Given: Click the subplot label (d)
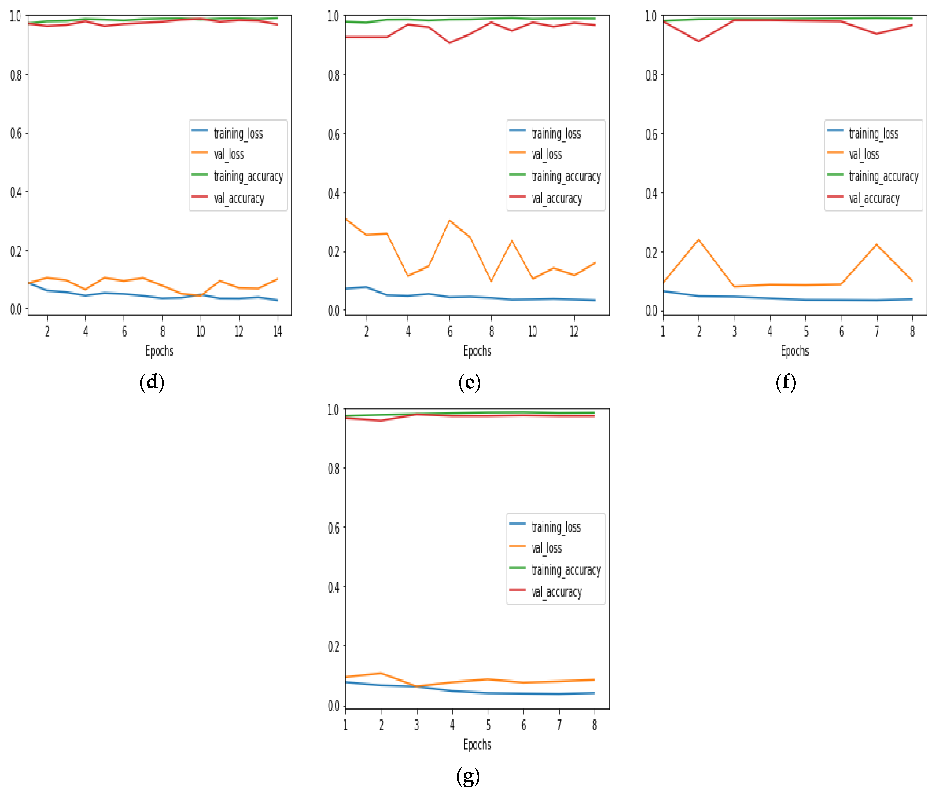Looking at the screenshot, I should pyautogui.click(x=152, y=382).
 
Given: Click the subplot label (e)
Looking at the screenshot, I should pyautogui.click(x=469, y=382).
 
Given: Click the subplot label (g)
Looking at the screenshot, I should pyautogui.click(x=468, y=776).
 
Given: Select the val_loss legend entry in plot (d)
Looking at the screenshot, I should pyautogui.click(x=228, y=154).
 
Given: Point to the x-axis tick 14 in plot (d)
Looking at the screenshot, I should pyautogui.click(x=277, y=332).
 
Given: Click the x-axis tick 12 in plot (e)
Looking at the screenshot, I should pyautogui.click(x=574, y=332).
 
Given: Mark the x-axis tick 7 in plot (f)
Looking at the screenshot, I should pyautogui.click(x=877, y=332).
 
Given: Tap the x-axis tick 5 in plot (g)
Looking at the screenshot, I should pyautogui.click(x=488, y=725).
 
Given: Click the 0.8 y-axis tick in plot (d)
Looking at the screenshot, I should pyautogui.click(x=16, y=75).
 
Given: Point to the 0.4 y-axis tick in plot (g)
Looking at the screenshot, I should pyautogui.click(x=334, y=587).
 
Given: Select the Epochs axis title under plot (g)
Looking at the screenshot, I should pyautogui.click(x=477, y=745).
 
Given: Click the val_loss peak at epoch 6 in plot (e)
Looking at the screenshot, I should pyautogui.click(x=450, y=221).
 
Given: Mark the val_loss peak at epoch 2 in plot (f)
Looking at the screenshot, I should pyautogui.click(x=699, y=240).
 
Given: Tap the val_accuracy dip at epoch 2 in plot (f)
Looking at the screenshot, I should pyautogui.click(x=699, y=41).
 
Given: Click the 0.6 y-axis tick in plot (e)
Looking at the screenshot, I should pyautogui.click(x=334, y=134).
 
